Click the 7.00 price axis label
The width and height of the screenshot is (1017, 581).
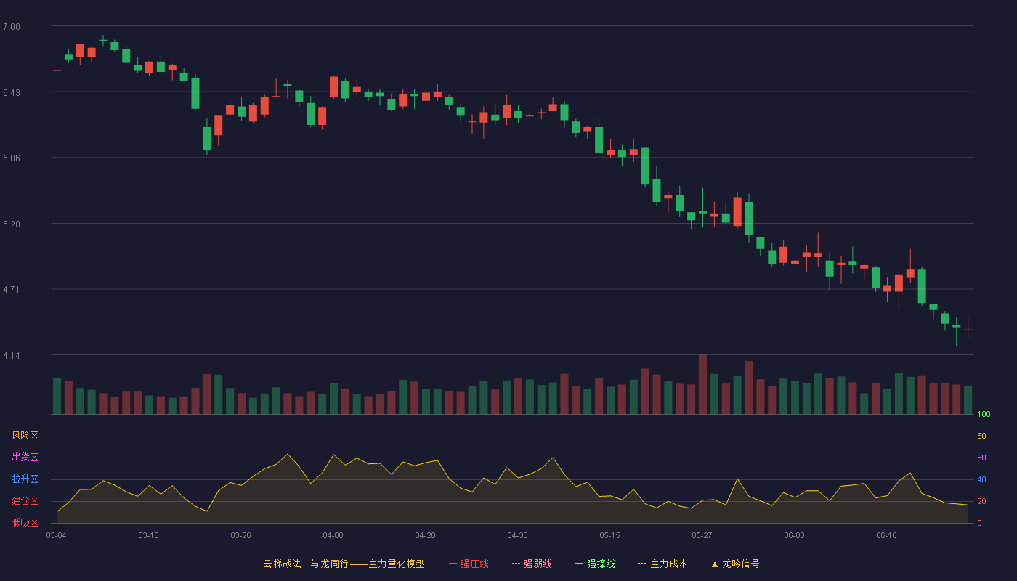[12, 27]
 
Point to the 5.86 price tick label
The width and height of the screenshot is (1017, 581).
[12, 158]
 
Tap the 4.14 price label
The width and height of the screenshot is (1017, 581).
[12, 356]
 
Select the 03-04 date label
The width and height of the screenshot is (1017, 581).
[57, 536]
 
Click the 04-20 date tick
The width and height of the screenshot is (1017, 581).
[425, 536]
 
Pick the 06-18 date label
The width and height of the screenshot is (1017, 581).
[886, 536]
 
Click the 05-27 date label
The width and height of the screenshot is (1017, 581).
[702, 536]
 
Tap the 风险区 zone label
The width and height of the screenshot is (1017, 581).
[25, 436]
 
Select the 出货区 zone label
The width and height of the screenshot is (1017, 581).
[25, 457]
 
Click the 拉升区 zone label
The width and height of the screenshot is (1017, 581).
[25, 479]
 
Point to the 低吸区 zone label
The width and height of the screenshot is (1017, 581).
[25, 522]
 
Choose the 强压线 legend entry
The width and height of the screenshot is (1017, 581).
[469, 564]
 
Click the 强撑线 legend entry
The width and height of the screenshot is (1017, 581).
[595, 564]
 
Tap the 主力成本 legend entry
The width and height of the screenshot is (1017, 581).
[663, 564]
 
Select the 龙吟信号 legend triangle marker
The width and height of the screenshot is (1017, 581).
[715, 565]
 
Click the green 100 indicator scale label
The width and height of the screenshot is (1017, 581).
[984, 414]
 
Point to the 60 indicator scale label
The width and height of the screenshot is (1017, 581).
[981, 458]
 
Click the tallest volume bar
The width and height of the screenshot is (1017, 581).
[703, 384]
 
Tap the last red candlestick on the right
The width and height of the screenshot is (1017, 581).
[968, 328]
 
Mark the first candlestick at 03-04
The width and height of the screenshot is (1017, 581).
[57, 70]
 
